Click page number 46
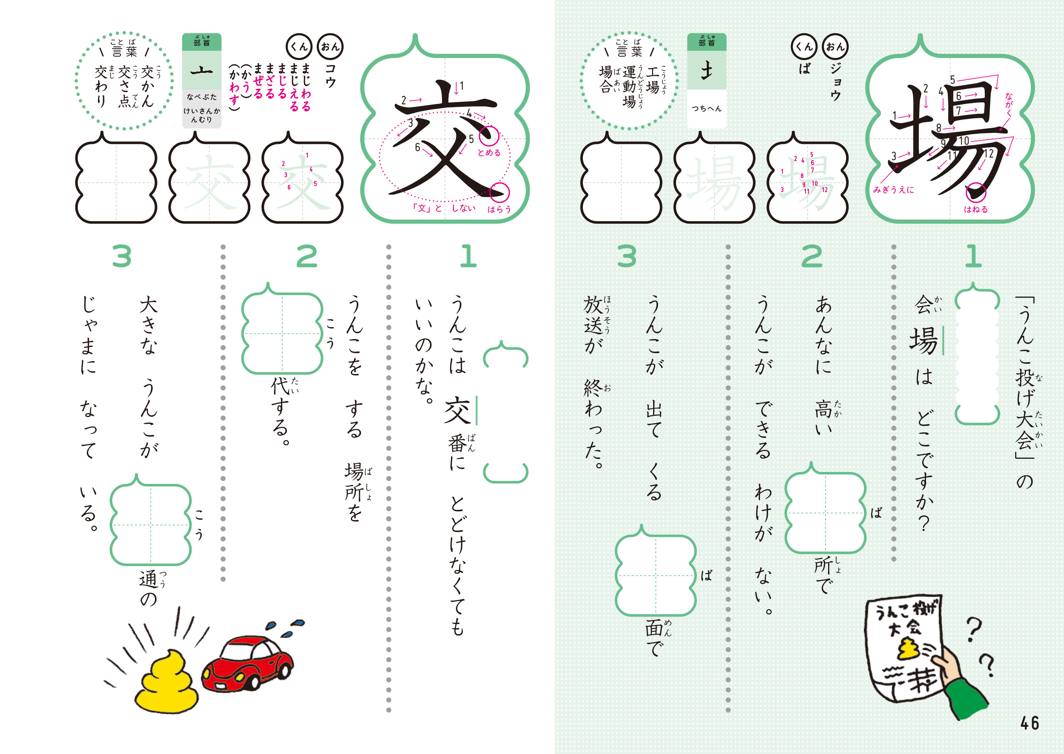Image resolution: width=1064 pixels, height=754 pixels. click(x=1030, y=723)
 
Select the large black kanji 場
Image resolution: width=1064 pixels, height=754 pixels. click(x=949, y=139)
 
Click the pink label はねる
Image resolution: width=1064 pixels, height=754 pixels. click(x=976, y=210)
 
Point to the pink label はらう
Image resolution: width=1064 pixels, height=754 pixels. click(x=499, y=210)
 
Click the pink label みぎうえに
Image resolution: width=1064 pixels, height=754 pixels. click(x=893, y=190)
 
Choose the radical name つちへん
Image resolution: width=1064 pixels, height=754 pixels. click(x=706, y=109)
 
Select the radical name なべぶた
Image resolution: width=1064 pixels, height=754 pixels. click(x=201, y=97)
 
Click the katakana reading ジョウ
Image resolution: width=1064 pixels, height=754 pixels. click(x=835, y=82)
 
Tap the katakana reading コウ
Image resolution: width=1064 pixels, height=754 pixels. click(x=330, y=76)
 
